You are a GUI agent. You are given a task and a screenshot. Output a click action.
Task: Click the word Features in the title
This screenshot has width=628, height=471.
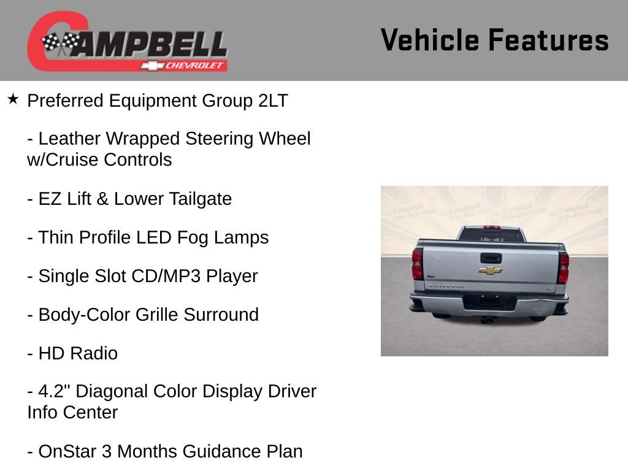click(548, 40)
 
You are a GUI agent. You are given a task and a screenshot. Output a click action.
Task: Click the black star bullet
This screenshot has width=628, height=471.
click(13, 99)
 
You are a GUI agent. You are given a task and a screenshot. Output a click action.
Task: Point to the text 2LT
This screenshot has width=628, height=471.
click(273, 101)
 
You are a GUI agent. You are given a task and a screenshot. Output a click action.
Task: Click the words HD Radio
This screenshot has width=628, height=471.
click(78, 353)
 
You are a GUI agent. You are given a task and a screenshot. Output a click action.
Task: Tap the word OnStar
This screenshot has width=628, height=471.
click(66, 451)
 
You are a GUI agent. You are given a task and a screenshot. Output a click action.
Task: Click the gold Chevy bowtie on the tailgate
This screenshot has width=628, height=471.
click(490, 270)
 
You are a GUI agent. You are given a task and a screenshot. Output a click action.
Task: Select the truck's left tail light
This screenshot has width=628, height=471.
click(418, 264)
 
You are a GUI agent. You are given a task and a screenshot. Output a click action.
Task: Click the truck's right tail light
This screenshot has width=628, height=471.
click(563, 267)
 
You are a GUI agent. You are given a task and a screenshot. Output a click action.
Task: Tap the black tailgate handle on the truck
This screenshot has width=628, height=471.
click(491, 258)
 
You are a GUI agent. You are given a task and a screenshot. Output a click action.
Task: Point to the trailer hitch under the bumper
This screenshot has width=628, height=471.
click(489, 320)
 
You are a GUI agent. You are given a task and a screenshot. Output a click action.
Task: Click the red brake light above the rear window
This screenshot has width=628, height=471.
click(491, 227)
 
